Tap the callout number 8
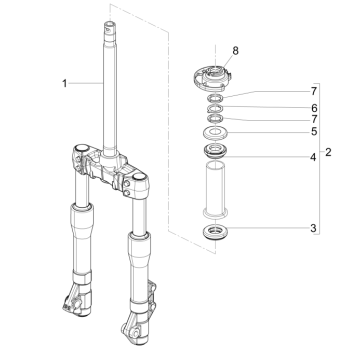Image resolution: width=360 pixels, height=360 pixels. [235, 48]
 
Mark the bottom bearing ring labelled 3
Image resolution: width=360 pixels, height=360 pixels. [214, 233]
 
